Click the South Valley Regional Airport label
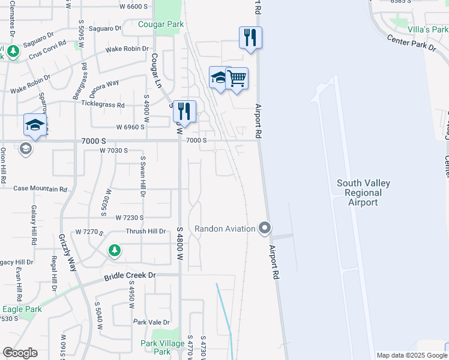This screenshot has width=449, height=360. click(x=363, y=193)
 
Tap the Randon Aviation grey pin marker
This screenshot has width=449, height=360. click(x=265, y=228)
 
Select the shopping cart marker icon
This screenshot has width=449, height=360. click(x=237, y=78)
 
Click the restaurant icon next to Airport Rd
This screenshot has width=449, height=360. click(x=250, y=37)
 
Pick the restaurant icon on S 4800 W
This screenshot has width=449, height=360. click(x=184, y=111)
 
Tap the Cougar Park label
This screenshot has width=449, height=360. click(x=161, y=25)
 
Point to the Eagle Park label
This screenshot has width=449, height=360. click(x=21, y=309)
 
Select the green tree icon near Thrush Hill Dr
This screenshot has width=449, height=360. click(x=114, y=250)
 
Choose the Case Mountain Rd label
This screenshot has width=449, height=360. click(x=40, y=188)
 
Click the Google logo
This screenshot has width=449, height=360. click(x=20, y=353)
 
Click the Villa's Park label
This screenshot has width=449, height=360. click(x=427, y=29)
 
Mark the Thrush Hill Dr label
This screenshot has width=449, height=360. click(x=145, y=231)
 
